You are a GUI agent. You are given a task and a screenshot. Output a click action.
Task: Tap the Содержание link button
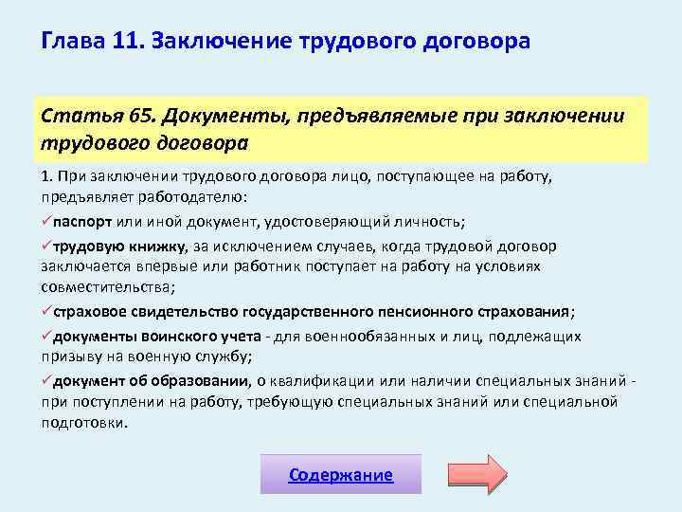coord(341,474)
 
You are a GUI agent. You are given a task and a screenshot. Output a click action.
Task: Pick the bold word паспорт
coord(82,222)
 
